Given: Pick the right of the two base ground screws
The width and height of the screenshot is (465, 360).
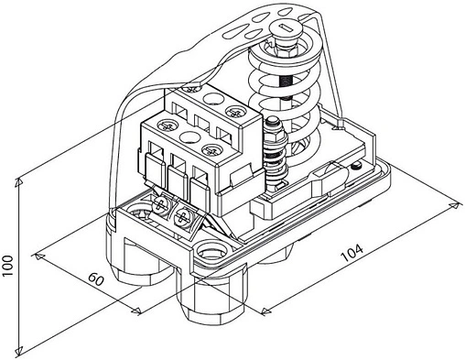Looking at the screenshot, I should pyautogui.click(x=182, y=217).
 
